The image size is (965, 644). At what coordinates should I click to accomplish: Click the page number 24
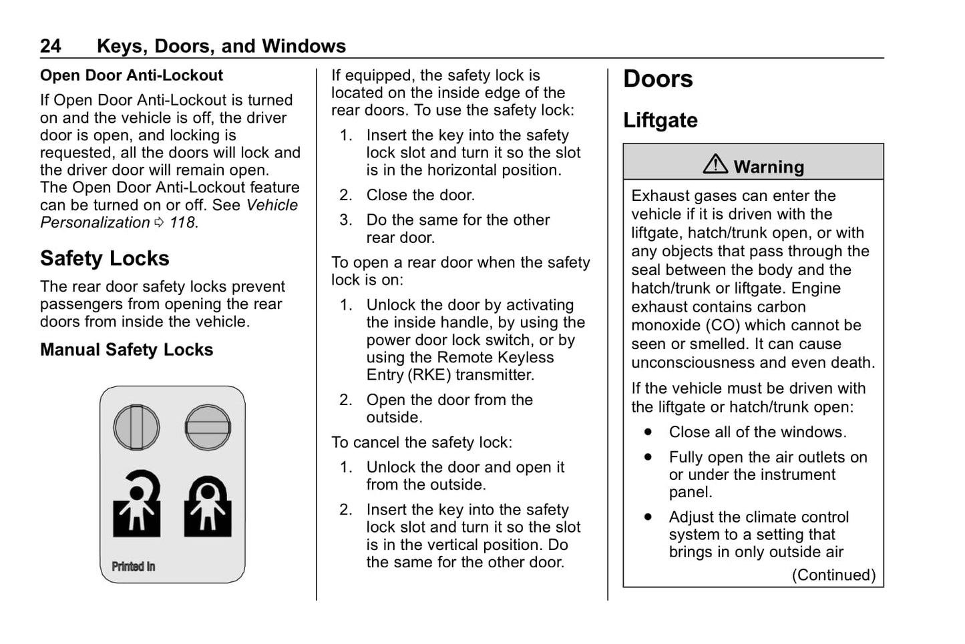coord(50,46)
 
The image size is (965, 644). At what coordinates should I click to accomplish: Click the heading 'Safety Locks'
coord(104,258)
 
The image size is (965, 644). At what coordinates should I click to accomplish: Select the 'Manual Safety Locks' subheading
coord(126,350)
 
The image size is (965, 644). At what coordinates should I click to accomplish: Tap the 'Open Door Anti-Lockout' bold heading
coord(131,75)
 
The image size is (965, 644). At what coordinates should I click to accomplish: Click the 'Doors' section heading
coord(658,79)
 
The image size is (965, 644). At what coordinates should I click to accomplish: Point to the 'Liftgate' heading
coord(660,120)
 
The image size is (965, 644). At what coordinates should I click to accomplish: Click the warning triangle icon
coord(715,164)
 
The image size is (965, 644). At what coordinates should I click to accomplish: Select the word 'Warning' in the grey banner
coord(769,167)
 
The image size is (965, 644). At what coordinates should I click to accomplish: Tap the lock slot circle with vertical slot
coord(136,427)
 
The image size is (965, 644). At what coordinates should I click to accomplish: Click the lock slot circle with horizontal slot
coord(208,427)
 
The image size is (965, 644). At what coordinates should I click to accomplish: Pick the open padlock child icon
coord(137,504)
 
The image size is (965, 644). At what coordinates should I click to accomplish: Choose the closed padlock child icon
coord(208,506)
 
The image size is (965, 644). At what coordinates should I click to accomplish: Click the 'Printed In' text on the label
coord(133,567)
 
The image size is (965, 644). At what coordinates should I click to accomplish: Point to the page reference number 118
coord(182,223)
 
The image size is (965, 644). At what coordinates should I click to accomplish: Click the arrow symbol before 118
coord(159,223)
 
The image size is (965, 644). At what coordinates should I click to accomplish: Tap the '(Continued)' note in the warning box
coord(833,575)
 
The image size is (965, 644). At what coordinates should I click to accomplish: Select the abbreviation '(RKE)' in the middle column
coord(429,375)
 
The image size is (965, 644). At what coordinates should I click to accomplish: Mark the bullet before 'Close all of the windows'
coord(648,432)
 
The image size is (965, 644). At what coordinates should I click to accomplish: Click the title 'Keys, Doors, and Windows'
coord(221,46)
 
